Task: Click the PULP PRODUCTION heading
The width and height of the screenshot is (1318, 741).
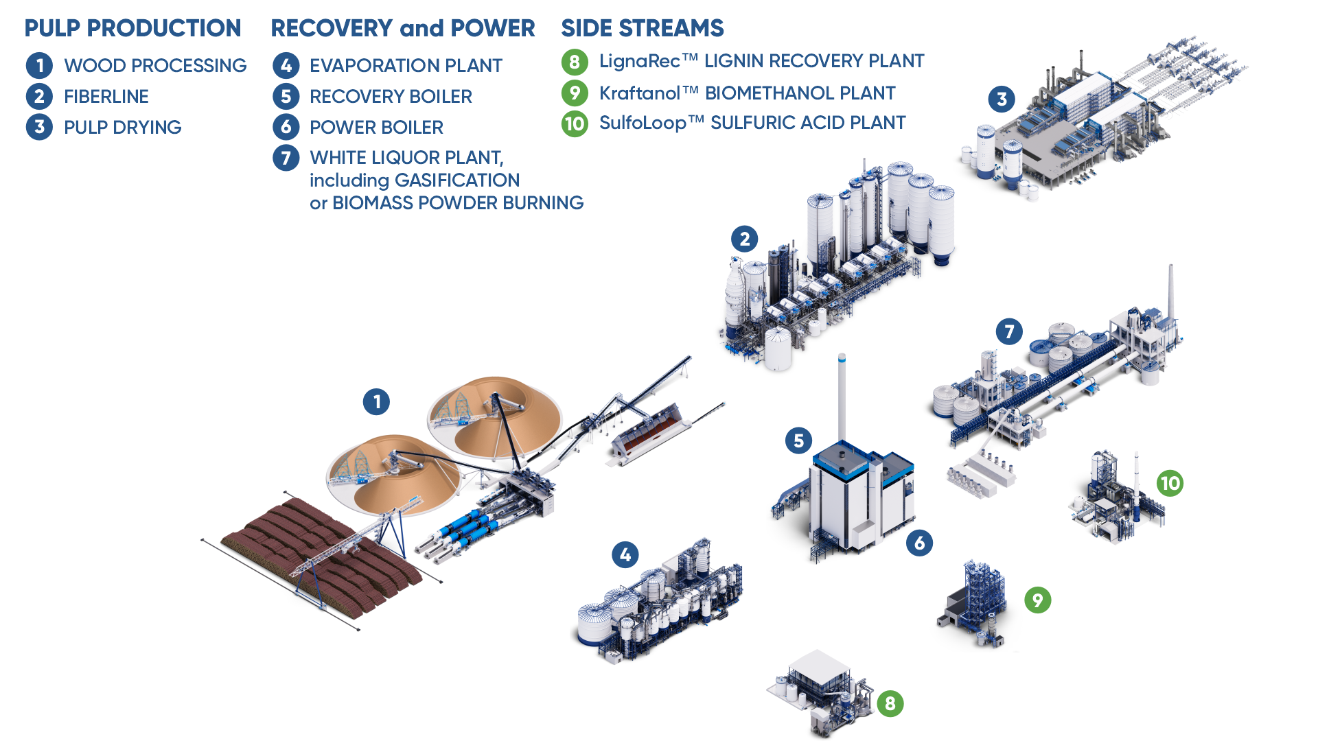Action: click(x=132, y=28)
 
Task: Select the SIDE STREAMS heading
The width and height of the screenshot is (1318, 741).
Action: click(x=642, y=28)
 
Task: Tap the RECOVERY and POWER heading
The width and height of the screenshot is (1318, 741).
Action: click(x=402, y=28)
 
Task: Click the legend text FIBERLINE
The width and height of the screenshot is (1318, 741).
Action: click(x=106, y=96)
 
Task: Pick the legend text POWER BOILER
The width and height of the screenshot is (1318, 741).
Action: click(x=376, y=127)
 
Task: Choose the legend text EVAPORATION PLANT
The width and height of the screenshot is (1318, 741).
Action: click(x=406, y=65)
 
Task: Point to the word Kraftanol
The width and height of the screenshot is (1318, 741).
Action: click(x=639, y=93)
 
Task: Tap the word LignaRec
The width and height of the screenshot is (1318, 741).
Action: click(x=639, y=61)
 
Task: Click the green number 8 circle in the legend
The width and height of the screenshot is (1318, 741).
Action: click(x=575, y=62)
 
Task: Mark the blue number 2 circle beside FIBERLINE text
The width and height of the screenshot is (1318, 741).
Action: click(x=39, y=96)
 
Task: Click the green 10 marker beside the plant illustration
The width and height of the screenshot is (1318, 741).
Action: click(x=1170, y=483)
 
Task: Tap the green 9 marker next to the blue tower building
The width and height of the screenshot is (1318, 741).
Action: click(x=1037, y=600)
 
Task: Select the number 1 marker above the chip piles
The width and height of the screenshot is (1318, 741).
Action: click(x=376, y=401)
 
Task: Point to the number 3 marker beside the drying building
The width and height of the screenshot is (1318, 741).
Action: click(x=1002, y=99)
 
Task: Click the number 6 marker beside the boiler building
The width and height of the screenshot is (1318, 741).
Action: click(x=919, y=543)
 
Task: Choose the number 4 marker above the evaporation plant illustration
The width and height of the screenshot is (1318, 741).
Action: click(x=625, y=554)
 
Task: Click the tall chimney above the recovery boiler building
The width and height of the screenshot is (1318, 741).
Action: click(x=842, y=398)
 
